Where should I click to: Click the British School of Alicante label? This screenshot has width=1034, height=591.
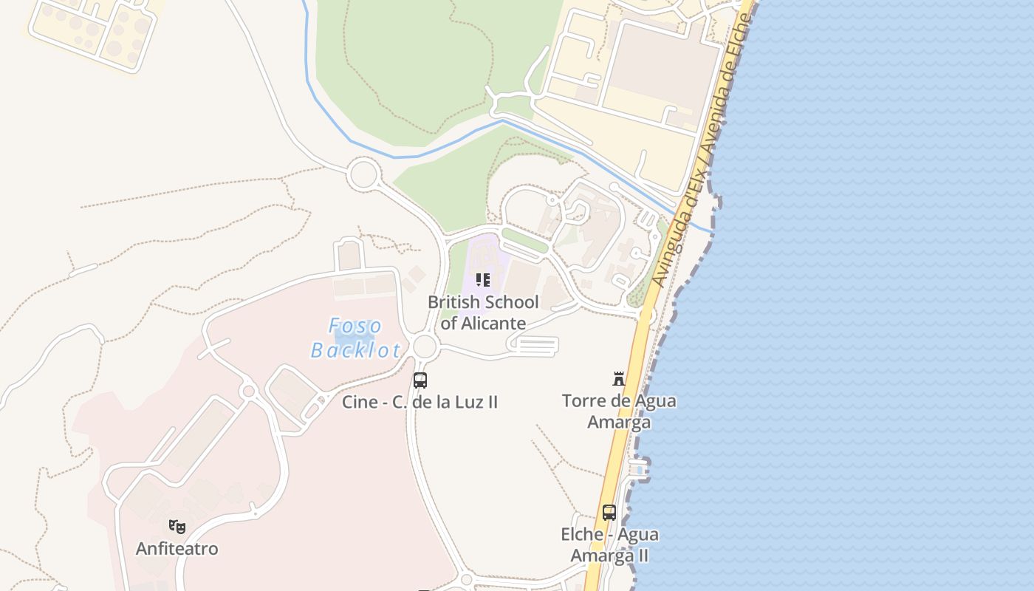(483, 312)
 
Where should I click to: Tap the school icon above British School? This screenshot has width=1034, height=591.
(482, 280)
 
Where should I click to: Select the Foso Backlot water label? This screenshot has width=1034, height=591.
(356, 338)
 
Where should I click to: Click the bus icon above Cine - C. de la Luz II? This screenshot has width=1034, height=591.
(420, 380)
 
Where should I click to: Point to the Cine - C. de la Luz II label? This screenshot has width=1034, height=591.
(420, 402)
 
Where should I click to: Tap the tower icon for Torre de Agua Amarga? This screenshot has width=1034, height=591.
(619, 379)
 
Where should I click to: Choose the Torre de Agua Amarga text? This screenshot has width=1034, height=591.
(619, 411)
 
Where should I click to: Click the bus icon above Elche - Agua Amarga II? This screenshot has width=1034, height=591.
(609, 512)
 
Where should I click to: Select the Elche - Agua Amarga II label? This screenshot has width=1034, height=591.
(609, 544)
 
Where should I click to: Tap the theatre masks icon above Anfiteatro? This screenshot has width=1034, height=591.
(177, 527)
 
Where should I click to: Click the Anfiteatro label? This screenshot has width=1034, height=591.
(177, 549)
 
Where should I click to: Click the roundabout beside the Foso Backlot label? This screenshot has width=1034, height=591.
(425, 346)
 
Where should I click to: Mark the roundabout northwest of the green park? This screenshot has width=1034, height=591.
(363, 175)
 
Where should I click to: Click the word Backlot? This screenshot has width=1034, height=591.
(356, 349)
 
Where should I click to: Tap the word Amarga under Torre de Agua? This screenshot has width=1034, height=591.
(619, 423)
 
